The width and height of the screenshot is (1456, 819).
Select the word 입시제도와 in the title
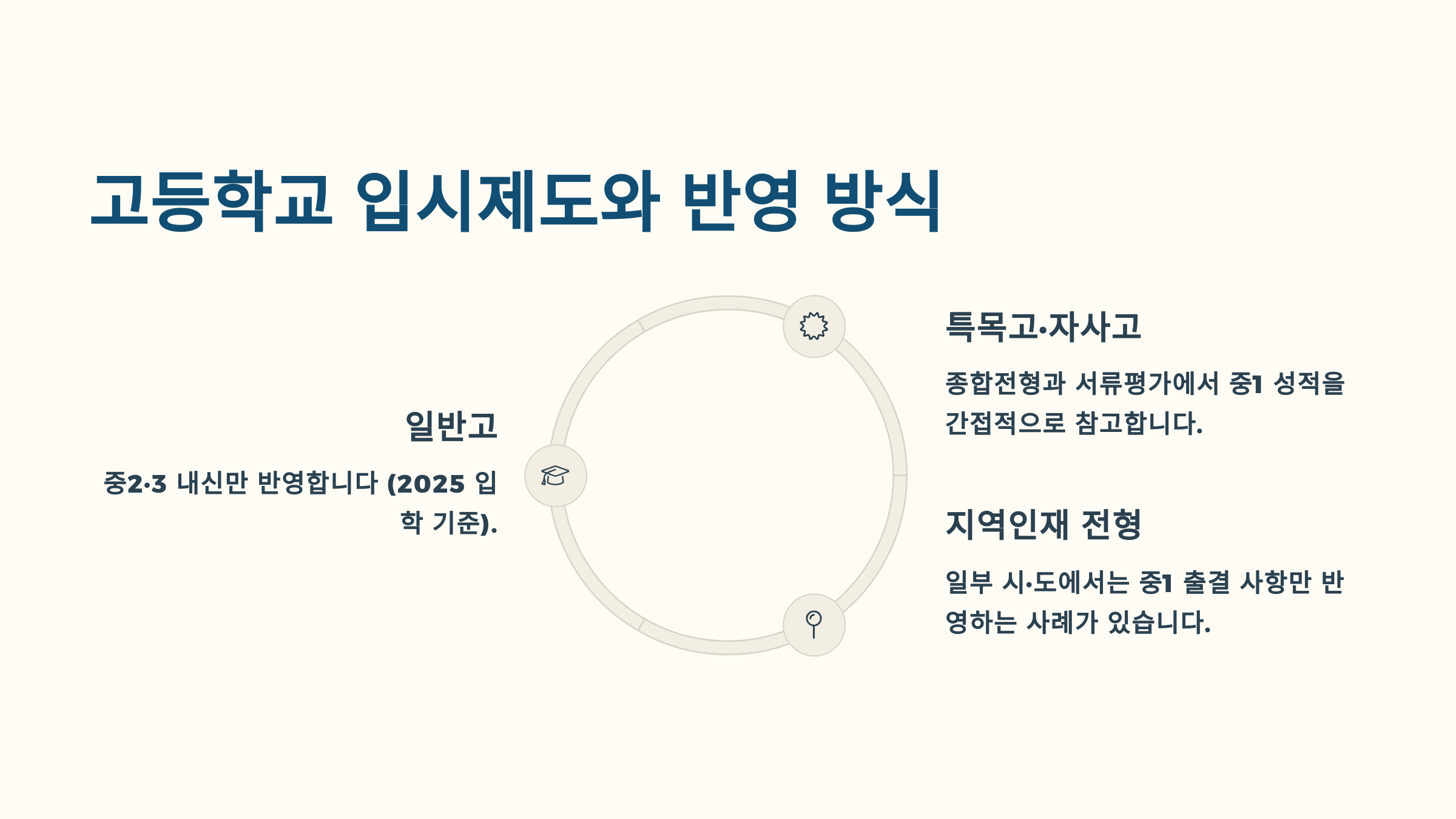pyautogui.click(x=507, y=201)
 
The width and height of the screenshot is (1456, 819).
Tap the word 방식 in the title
pyautogui.click(x=883, y=201)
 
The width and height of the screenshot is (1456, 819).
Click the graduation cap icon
pyautogui.click(x=555, y=476)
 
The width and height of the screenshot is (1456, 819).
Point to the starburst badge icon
pyautogui.click(x=814, y=326)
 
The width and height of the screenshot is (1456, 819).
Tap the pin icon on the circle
pyautogui.click(x=814, y=624)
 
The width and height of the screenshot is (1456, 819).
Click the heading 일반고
pyautogui.click(x=451, y=426)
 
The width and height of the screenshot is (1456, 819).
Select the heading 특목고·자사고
pyautogui.click(x=1043, y=327)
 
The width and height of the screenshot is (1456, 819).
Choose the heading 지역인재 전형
pyautogui.click(x=1043, y=525)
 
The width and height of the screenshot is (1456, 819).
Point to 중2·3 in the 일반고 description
pyautogui.click(x=135, y=484)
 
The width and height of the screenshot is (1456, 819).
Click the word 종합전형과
pyautogui.click(x=1005, y=383)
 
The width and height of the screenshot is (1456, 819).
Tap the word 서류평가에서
pyautogui.click(x=1147, y=383)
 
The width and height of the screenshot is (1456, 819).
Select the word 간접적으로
pyautogui.click(x=1005, y=423)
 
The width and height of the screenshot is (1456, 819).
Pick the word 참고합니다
pyautogui.click(x=1139, y=423)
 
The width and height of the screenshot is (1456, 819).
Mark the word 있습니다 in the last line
pyautogui.click(x=1159, y=622)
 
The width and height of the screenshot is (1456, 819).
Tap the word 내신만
pyautogui.click(x=212, y=484)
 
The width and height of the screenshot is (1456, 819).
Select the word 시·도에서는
pyautogui.click(x=1066, y=582)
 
